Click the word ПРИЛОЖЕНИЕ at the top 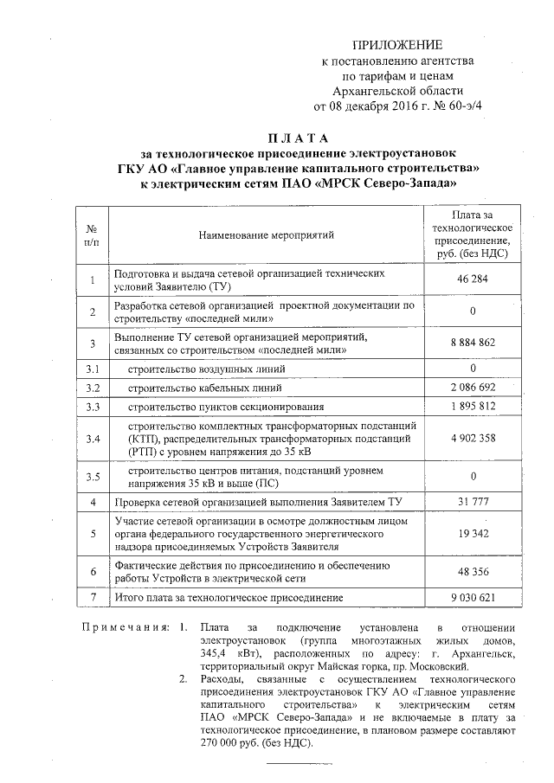pyautogui.click(x=401, y=44)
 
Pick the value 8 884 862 pyautogui.click(x=473, y=343)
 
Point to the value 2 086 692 pyautogui.click(x=473, y=388)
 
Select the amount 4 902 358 pyautogui.click(x=473, y=438)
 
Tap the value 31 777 pyautogui.click(x=473, y=502)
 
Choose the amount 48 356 pyautogui.click(x=473, y=572)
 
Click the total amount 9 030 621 pyautogui.click(x=473, y=598)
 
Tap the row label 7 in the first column pyautogui.click(x=93, y=598)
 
